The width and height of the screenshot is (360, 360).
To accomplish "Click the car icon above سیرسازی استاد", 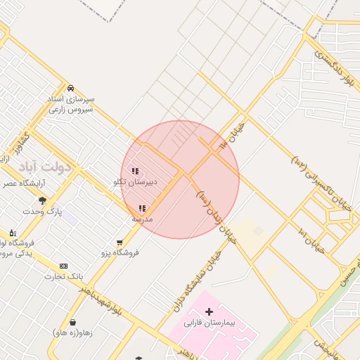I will point(71,88).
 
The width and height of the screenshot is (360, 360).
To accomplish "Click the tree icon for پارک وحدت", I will point(43,200).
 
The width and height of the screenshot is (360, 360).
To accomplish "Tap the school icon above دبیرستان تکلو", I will point(135,171).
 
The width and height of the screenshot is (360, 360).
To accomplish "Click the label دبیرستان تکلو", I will point(135,182).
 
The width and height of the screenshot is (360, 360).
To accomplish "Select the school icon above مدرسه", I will point(143,208).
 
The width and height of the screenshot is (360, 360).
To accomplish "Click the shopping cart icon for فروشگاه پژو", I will point(120,242).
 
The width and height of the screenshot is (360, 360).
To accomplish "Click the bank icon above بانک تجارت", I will point(64,266).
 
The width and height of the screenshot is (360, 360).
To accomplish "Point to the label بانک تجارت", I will point(61,276).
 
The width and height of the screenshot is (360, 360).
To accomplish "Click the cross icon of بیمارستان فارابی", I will point(209,311).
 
